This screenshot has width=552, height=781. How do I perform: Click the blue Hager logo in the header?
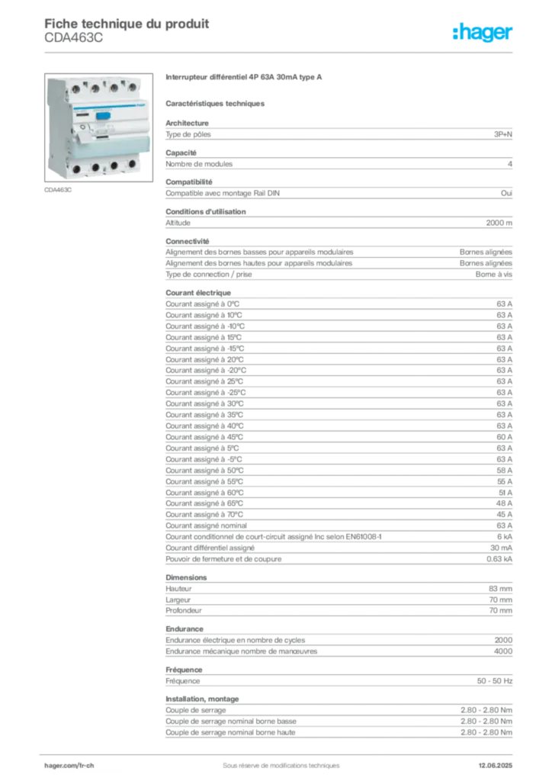[x=483, y=34]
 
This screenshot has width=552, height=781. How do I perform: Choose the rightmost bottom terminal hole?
[x=133, y=162]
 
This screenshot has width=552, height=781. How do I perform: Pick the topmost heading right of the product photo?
[x=244, y=79]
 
